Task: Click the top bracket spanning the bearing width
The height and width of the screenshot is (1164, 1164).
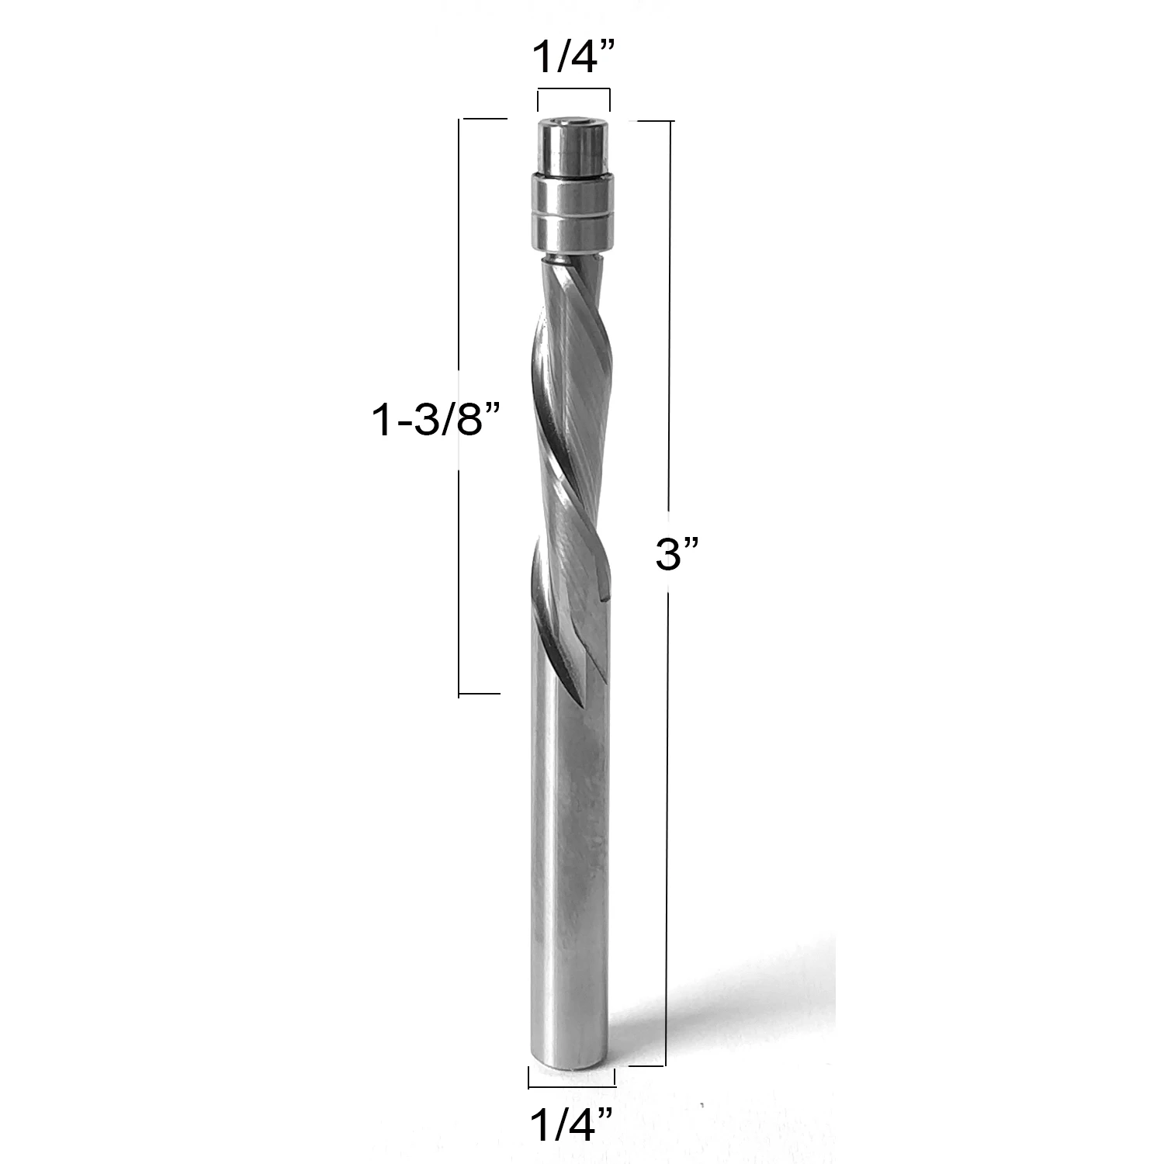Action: click(573, 92)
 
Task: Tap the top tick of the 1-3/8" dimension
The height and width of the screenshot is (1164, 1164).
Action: click(484, 119)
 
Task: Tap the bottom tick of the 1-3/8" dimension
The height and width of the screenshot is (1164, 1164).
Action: click(480, 694)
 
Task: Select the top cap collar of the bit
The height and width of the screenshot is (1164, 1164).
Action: click(573, 145)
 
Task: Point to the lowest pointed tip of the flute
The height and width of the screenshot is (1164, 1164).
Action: click(577, 694)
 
